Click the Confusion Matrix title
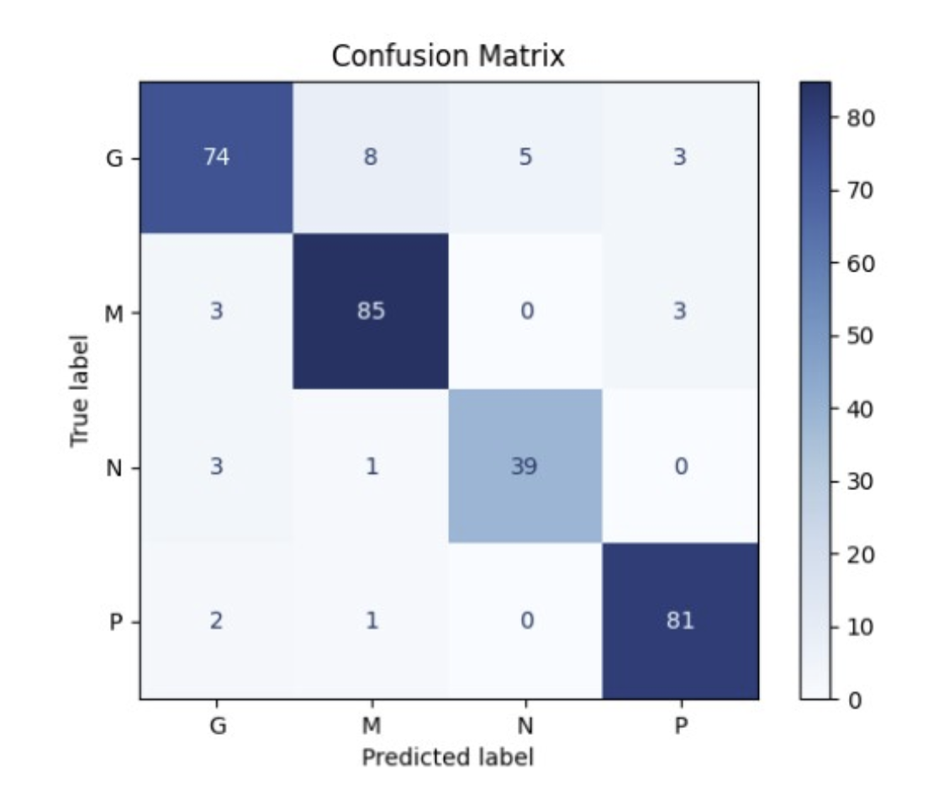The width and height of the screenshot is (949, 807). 448,56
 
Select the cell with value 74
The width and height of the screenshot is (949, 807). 216,157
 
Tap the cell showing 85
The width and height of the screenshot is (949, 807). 371,312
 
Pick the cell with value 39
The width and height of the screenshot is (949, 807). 525,467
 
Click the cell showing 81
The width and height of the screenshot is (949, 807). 680,621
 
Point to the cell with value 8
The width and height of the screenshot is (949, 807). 371,157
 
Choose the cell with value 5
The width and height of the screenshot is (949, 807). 525,157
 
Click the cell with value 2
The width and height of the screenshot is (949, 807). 216,621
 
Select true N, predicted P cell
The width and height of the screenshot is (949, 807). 680,467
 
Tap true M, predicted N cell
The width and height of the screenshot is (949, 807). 525,312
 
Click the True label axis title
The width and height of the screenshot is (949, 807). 80,390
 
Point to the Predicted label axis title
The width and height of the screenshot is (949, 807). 448,757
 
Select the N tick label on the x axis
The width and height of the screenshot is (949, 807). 525,725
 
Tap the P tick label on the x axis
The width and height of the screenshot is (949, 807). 680,725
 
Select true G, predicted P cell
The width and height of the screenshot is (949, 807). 680,157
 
